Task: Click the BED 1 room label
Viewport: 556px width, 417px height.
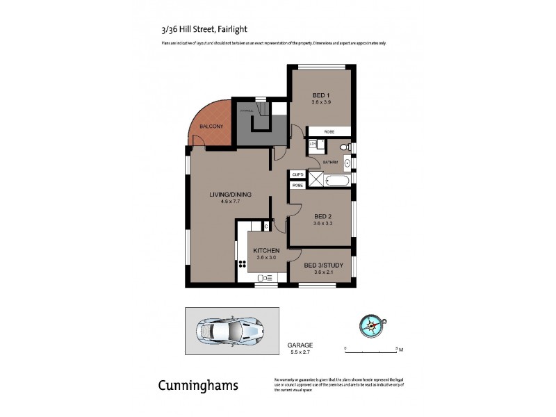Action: coord(320,95)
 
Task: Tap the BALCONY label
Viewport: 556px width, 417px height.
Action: coord(211,126)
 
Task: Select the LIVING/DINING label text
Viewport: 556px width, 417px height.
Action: coord(230,194)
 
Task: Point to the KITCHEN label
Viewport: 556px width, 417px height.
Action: coord(266,250)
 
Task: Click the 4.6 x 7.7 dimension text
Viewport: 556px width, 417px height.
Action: coord(230,202)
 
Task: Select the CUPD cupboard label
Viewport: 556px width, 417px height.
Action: coord(297,175)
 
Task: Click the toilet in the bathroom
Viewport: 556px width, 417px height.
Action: coord(341,147)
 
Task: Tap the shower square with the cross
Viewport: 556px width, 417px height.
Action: coord(316,180)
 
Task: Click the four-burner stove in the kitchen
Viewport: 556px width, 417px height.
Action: coord(243,264)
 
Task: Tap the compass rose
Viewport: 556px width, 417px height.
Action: coord(373,324)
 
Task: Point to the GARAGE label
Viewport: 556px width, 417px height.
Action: coord(300,345)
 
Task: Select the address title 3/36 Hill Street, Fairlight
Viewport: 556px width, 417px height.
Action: coord(199,29)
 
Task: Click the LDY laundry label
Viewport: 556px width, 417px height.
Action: coord(313,143)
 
